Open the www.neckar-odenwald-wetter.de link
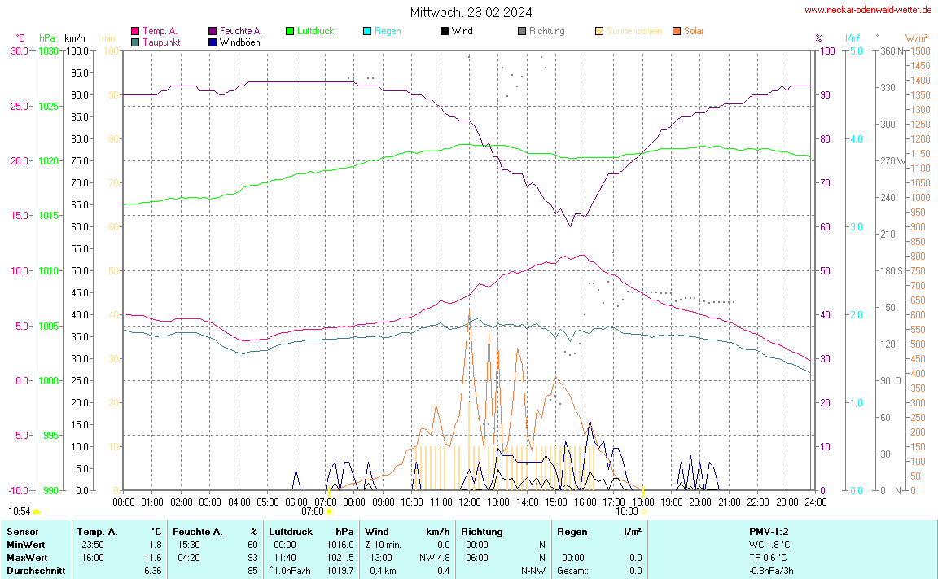pos(867,10)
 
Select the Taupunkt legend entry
pos(160,42)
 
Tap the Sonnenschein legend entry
pos(633,31)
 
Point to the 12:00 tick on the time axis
pos(469,501)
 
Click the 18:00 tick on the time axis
pos(642,501)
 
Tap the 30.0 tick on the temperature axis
pos(19,50)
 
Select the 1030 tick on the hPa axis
pos(48,50)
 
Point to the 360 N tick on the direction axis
pos(893,50)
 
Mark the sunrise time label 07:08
pos(313,511)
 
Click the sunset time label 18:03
pos(627,511)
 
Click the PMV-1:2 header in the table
pos(769,532)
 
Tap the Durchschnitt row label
pos(35,571)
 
